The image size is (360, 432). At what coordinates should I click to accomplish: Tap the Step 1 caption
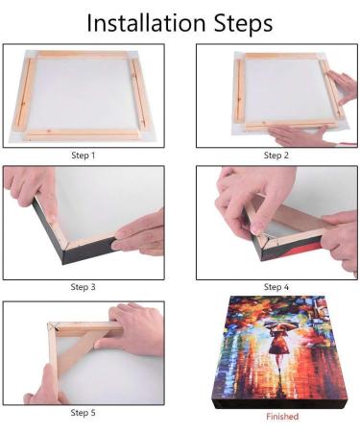[x=84, y=155]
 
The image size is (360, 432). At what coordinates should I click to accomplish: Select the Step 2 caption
[x=276, y=155]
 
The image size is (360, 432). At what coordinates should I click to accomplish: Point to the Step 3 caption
[x=84, y=286]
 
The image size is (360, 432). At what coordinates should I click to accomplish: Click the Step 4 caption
[x=276, y=286]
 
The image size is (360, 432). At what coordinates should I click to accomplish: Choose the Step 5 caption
[x=84, y=412]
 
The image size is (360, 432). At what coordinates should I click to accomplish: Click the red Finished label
[x=281, y=417]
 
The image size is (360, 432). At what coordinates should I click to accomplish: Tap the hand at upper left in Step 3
[x=27, y=187]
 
